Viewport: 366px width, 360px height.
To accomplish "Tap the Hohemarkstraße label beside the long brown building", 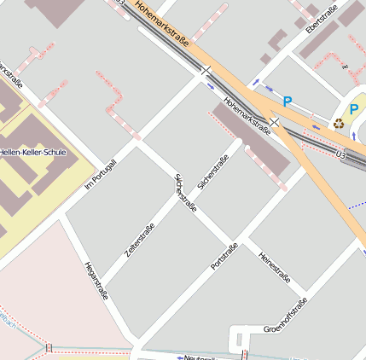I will click(x=247, y=114).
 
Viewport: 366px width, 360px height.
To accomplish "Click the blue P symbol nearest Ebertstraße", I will click(x=288, y=102).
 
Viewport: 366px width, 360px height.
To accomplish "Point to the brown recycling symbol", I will click(x=339, y=123).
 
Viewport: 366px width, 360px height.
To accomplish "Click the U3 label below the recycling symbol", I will click(x=341, y=154).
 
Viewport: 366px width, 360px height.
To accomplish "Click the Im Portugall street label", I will click(x=101, y=174).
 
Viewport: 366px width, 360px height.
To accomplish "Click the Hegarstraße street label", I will click(x=96, y=280).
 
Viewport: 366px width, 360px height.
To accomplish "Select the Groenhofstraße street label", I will click(x=285, y=316).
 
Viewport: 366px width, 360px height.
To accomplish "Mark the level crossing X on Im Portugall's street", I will click(x=205, y=72).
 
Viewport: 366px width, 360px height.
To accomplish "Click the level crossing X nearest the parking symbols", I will click(x=274, y=122).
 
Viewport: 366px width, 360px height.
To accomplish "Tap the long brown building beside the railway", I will click(x=253, y=140).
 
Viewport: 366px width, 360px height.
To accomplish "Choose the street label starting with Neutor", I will click(x=200, y=357).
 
